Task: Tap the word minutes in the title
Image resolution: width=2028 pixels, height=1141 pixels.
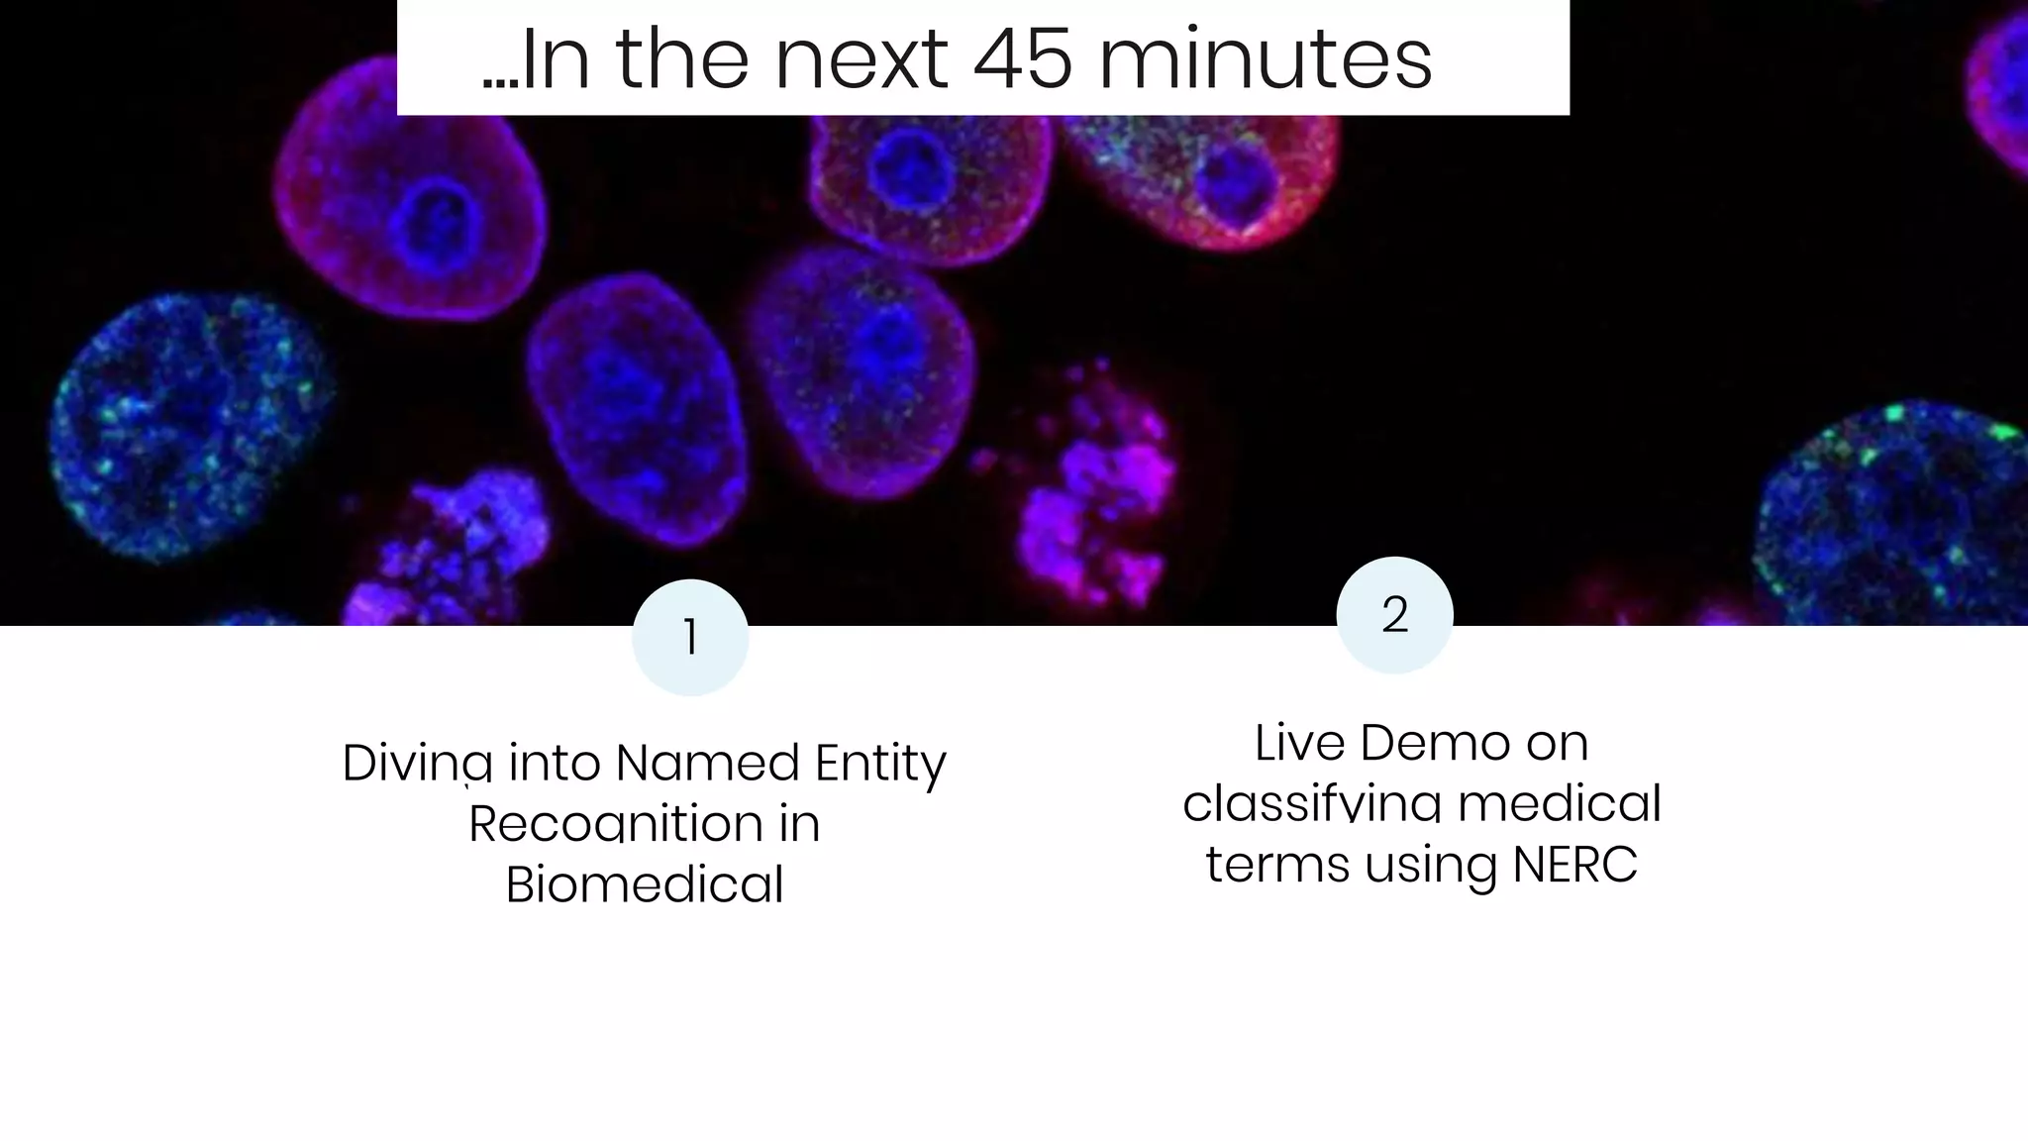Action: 1266,60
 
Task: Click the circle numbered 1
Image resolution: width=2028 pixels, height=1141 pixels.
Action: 690,638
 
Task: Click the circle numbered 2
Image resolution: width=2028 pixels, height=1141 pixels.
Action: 1394,615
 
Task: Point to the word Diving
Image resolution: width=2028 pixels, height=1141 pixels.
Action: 417,764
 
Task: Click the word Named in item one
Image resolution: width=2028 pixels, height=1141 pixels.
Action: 707,764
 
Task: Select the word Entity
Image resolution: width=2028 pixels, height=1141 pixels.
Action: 880,764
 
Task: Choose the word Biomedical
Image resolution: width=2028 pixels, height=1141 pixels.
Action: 645,884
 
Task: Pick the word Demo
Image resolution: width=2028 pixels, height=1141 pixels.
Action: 1435,743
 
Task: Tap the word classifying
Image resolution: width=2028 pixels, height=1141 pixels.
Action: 1312,803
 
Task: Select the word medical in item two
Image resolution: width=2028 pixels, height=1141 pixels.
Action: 1560,803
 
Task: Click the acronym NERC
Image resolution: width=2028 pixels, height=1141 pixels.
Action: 1574,865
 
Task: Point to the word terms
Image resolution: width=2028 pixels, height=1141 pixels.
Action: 1277,865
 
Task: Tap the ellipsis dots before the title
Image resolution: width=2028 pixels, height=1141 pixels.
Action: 500,85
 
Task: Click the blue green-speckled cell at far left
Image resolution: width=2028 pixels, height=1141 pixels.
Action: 188,426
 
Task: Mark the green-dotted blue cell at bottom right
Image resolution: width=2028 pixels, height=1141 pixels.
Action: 1891,515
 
